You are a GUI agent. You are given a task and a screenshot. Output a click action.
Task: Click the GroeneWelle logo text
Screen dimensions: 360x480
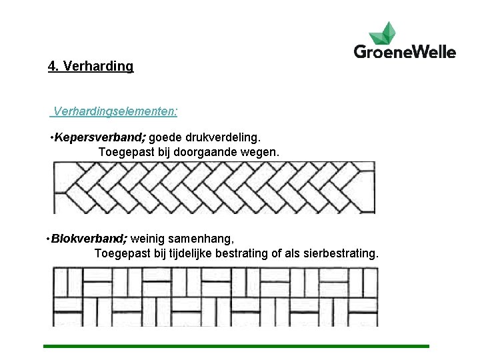pos(405,51)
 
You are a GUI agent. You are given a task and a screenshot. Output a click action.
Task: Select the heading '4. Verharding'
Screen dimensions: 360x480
pos(91,67)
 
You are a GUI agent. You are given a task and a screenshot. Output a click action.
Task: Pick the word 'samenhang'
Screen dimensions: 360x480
pos(204,239)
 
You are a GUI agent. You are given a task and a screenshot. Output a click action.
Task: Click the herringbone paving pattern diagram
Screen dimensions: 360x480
pos(214,187)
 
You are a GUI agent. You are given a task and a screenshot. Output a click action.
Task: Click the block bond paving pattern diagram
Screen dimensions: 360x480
pos(215,296)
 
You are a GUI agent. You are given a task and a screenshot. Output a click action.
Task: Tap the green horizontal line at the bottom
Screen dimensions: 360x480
pos(236,346)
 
